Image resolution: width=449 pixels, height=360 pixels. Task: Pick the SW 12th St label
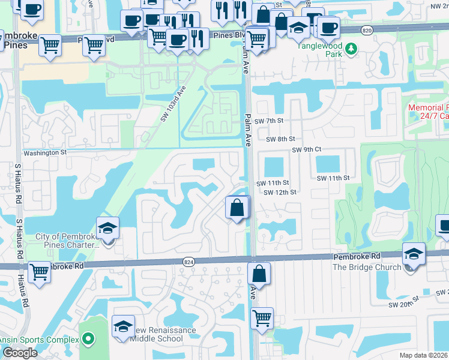coord(280,192)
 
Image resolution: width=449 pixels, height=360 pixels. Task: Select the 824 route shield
coord(188,261)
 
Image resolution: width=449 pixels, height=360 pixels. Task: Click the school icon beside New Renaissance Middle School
coord(123,327)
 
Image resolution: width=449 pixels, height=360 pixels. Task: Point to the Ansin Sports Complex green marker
coord(89,340)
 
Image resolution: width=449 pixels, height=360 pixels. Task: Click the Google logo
coord(19,353)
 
